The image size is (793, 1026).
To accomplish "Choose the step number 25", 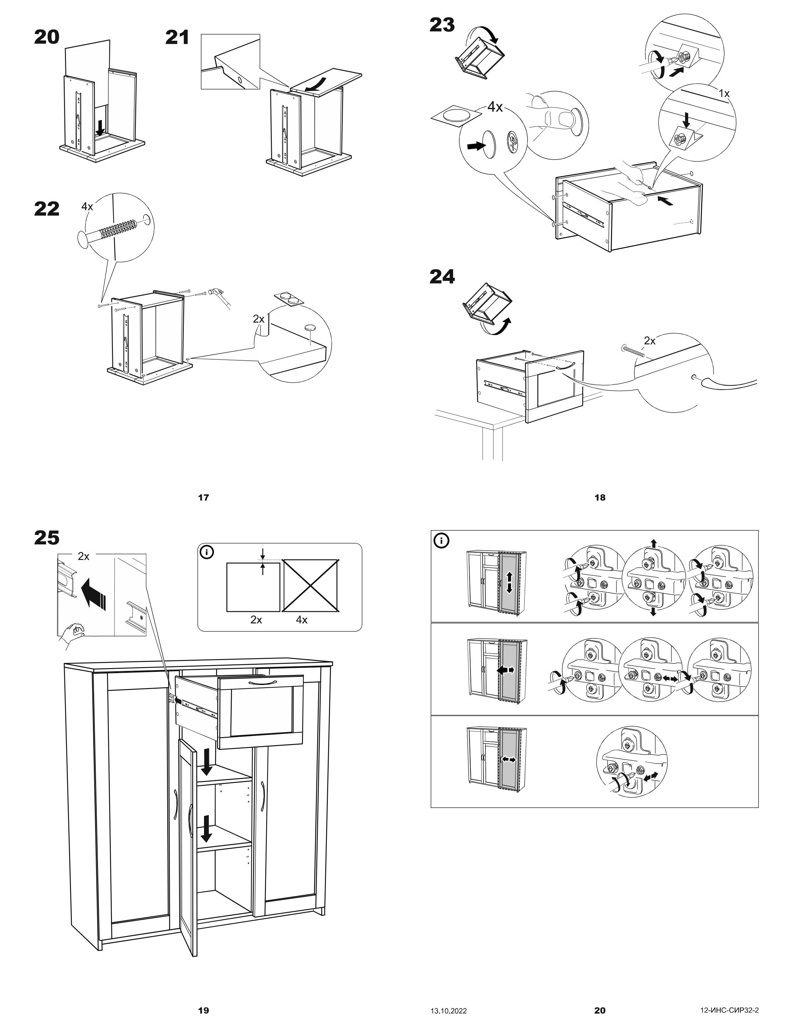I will pos(47,538).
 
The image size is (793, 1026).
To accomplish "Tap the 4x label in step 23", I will pos(495,107).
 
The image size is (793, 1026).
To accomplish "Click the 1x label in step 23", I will pos(724,94).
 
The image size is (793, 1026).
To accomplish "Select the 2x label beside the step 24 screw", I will pos(649,340).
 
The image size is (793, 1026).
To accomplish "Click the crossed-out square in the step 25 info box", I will pos(311,585).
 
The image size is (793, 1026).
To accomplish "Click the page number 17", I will pos(203,497).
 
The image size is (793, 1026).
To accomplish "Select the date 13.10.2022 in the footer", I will pos(449,1010).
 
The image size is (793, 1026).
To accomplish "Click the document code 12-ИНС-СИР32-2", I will pos(729,1010).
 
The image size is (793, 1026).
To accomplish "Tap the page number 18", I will pos(600,497).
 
